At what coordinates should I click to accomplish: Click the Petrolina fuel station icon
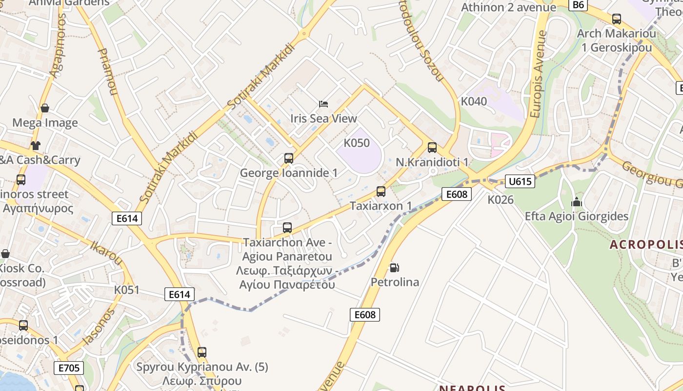point(394,268)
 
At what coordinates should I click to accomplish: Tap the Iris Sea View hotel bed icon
point(323,104)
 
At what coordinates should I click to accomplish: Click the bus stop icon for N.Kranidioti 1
point(432,147)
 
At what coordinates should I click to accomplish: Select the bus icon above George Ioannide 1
point(288,158)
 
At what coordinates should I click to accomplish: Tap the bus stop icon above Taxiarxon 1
point(381,192)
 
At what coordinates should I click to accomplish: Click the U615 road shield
point(520,182)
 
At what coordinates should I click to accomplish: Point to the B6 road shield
point(578,5)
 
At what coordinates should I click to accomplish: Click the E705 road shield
point(68,368)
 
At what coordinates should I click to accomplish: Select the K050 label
point(357,143)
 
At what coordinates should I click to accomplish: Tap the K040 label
point(474,102)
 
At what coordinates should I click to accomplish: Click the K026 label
point(501,199)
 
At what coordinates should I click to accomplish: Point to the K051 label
point(127,290)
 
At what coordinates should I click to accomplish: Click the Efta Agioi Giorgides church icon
point(577,201)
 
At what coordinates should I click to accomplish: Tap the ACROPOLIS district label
point(645,245)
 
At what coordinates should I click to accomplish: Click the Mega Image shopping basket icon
point(45,108)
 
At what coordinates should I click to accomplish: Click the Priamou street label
point(108,71)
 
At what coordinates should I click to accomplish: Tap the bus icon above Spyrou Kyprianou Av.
point(201,352)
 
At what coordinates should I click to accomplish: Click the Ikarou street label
point(106,252)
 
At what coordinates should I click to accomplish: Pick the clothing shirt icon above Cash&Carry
point(35,145)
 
